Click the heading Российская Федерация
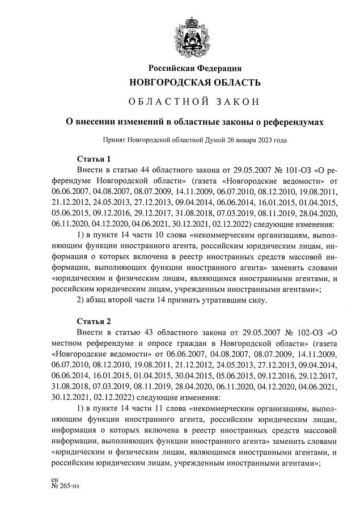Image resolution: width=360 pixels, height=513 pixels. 194,69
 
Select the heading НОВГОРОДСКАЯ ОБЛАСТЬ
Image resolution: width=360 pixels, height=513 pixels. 194,83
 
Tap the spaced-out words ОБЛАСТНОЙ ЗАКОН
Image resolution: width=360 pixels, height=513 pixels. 194,103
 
